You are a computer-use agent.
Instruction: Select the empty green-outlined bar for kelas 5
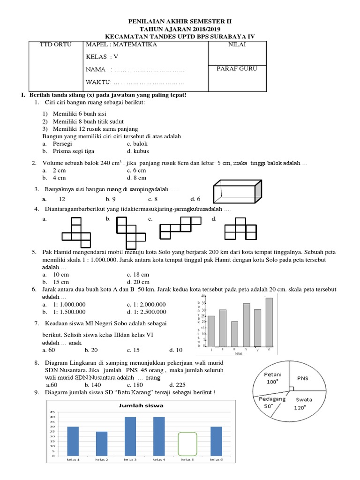point(187,443)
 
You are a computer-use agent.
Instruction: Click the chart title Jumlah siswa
point(139,403)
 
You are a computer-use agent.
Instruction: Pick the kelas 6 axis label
point(216,460)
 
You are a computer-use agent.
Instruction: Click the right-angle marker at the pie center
point(291,388)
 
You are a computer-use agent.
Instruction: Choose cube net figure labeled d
point(240,229)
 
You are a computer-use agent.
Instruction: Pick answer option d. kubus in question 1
point(137,151)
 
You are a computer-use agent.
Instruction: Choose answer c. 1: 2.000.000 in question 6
point(146,304)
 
